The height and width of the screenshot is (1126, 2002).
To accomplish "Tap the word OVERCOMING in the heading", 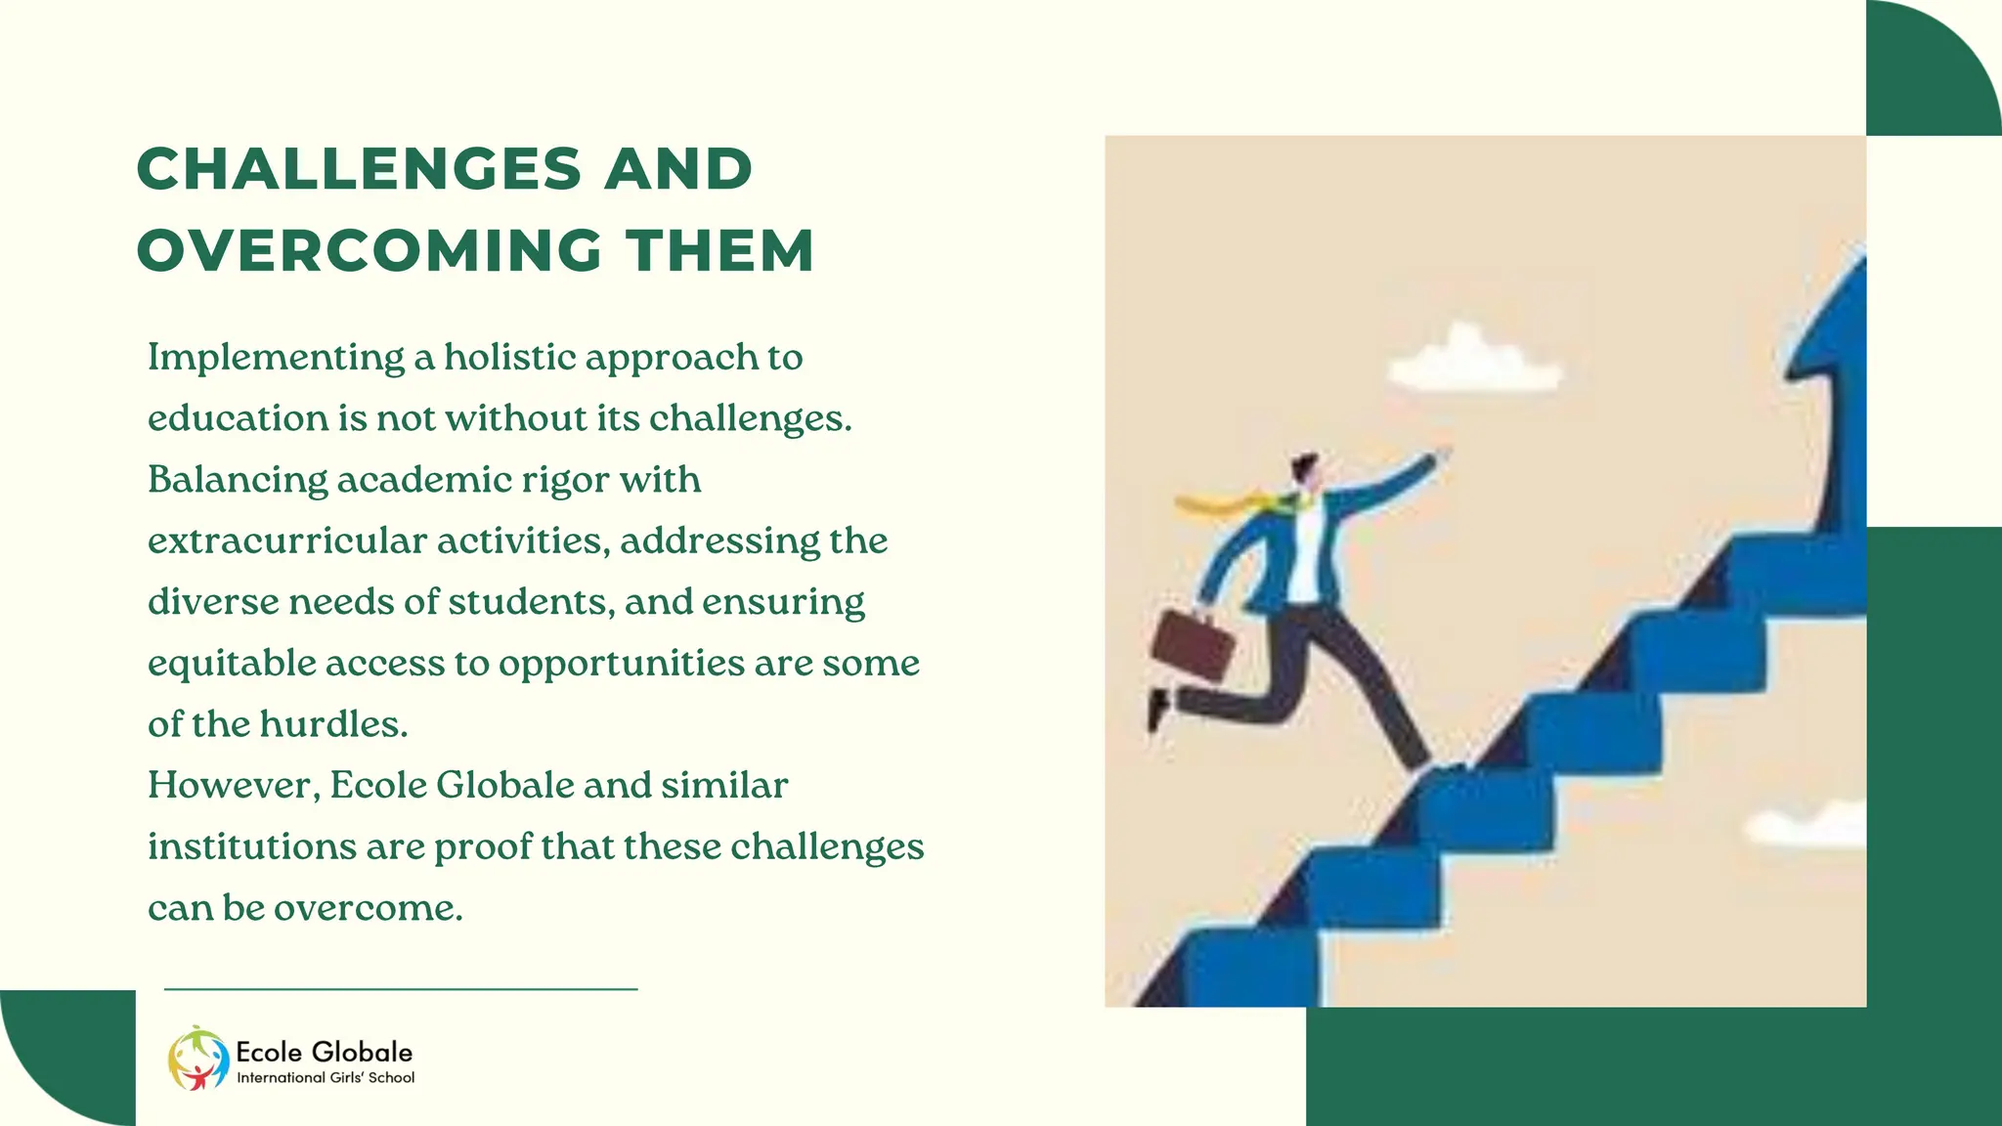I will click(x=370, y=251).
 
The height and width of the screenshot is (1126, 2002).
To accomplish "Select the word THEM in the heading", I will click(x=720, y=251).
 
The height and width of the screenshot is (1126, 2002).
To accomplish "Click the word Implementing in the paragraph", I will click(x=276, y=359).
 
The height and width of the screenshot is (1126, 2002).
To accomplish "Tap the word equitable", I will click(x=232, y=665).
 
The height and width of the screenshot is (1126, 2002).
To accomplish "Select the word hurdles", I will click(x=332, y=724).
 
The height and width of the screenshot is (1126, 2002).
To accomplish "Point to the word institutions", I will click(x=252, y=846).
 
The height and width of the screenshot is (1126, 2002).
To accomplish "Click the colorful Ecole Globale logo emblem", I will click(x=198, y=1059).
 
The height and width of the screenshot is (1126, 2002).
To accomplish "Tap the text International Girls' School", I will click(x=326, y=1078).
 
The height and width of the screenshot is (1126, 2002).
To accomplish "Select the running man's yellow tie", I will click(x=1232, y=504).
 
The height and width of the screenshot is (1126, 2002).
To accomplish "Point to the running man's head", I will click(x=1305, y=470).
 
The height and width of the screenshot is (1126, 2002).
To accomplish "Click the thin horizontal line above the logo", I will click(x=401, y=989).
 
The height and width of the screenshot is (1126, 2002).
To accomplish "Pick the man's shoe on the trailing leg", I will click(x=1158, y=708).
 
